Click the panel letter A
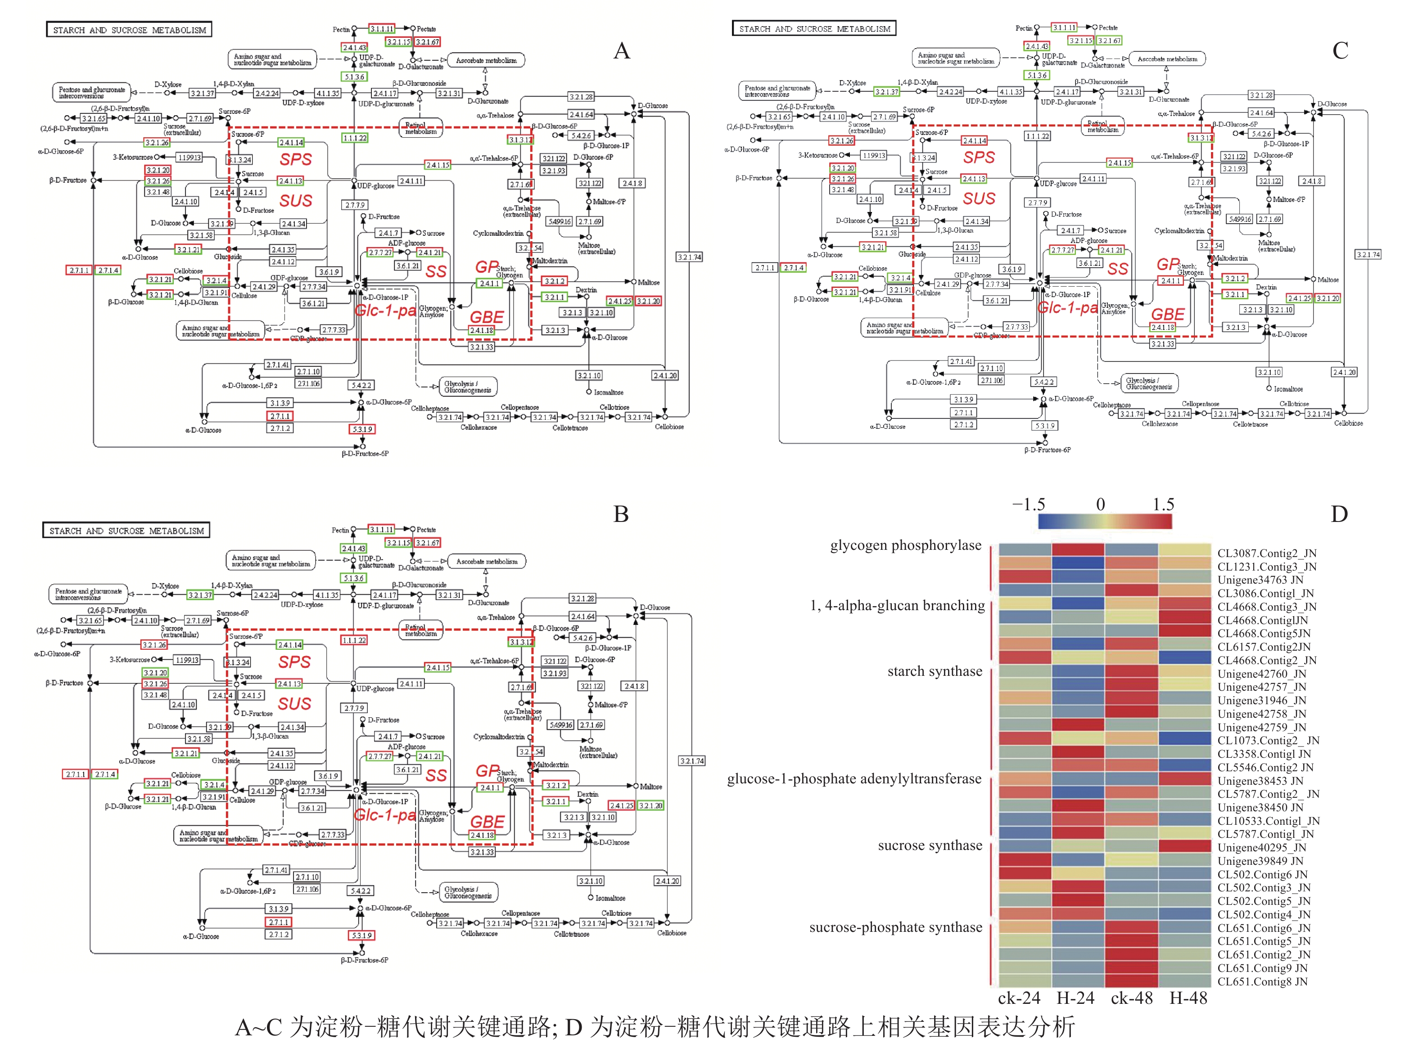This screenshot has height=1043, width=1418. tap(622, 50)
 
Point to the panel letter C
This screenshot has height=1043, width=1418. tap(1340, 50)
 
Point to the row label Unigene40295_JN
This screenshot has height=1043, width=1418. tap(1261, 847)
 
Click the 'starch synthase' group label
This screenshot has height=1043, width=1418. tap(935, 671)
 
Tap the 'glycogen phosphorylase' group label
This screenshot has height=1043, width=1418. tap(906, 545)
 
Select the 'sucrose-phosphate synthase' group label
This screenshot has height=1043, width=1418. tap(896, 927)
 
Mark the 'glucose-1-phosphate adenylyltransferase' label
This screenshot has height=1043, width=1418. tap(854, 778)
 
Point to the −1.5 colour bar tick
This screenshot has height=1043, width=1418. tap(1028, 504)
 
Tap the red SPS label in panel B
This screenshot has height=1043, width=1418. tap(294, 661)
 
